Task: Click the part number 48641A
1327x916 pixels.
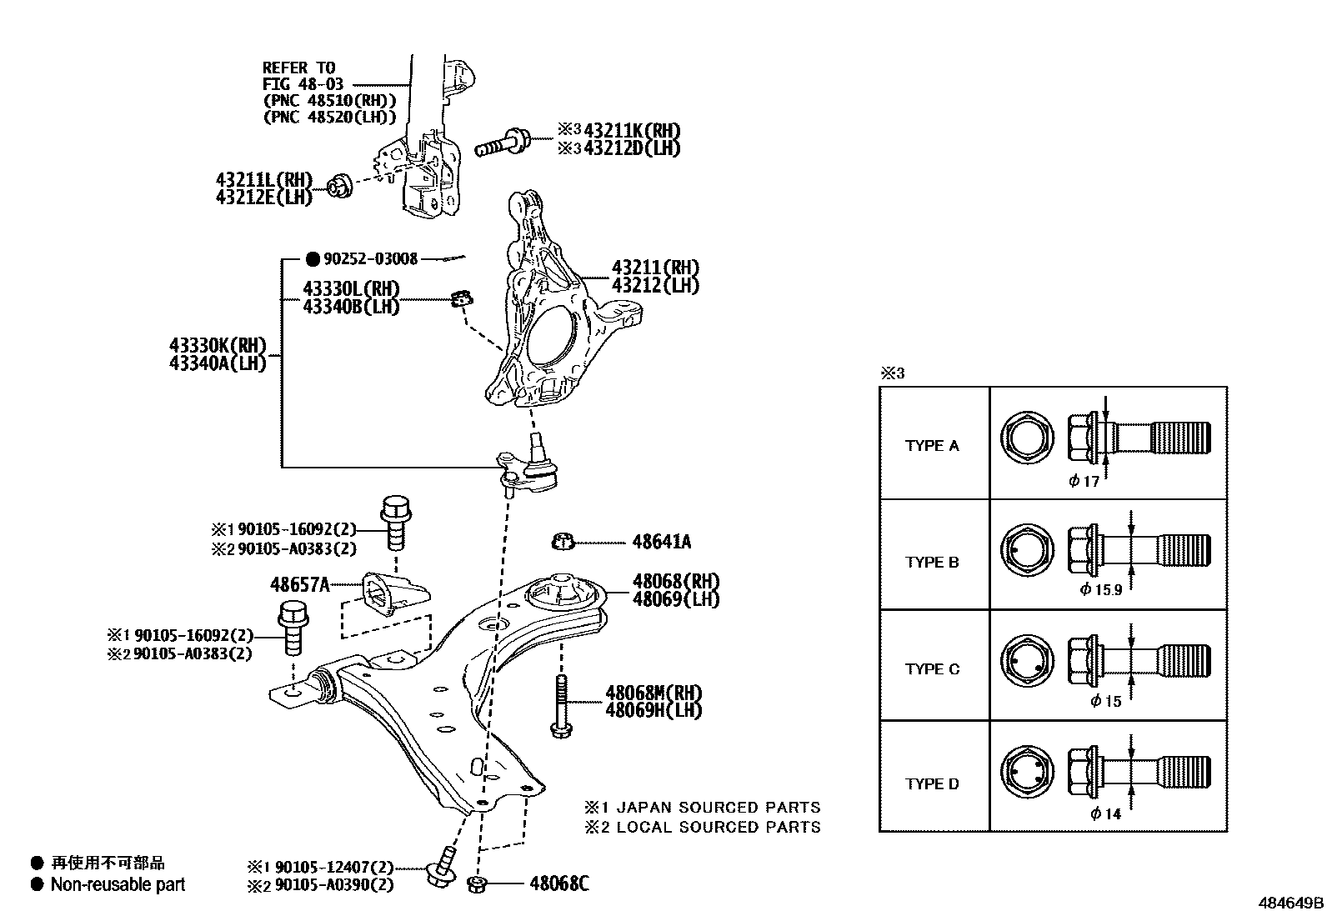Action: pyautogui.click(x=661, y=542)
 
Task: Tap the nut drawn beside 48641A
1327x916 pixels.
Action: pyautogui.click(x=563, y=542)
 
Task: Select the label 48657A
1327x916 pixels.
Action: pyautogui.click(x=299, y=584)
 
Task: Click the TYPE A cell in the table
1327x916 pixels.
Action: pyautogui.click(x=932, y=446)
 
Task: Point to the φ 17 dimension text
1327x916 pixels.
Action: pyautogui.click(x=1084, y=481)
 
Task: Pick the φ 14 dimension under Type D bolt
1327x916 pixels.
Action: pyautogui.click(x=1106, y=813)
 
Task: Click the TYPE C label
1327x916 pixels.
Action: pyautogui.click(x=932, y=669)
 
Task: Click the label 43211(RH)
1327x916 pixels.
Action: pyautogui.click(x=655, y=268)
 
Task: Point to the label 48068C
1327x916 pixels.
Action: pyautogui.click(x=558, y=883)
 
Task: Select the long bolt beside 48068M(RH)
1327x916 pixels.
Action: pyautogui.click(x=560, y=704)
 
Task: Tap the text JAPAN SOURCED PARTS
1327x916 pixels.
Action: pyautogui.click(x=719, y=807)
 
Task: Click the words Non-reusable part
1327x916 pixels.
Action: pyautogui.click(x=118, y=884)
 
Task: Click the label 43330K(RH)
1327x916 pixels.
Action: pyautogui.click(x=218, y=345)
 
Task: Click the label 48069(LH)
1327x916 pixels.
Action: pyautogui.click(x=675, y=599)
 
